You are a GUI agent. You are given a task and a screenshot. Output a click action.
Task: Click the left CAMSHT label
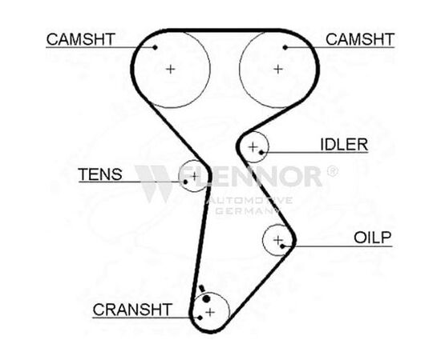(x=81, y=39)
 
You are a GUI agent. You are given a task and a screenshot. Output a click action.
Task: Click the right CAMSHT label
(x=360, y=39)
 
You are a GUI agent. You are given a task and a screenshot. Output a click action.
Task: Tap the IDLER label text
(x=344, y=145)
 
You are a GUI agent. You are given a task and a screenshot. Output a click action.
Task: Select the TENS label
(x=100, y=174)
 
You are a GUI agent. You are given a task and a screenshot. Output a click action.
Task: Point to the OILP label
(x=372, y=238)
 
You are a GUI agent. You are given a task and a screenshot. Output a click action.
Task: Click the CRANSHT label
(x=132, y=310)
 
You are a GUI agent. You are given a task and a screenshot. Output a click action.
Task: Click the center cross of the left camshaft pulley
(x=171, y=69)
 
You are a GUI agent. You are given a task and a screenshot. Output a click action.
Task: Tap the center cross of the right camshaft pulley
(x=278, y=69)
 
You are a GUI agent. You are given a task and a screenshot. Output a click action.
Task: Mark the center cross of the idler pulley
(x=253, y=146)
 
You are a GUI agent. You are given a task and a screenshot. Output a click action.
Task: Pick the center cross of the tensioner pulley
(x=194, y=176)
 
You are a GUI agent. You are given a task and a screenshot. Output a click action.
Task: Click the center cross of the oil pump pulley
(x=277, y=240)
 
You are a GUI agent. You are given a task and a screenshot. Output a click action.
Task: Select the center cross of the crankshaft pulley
(x=210, y=312)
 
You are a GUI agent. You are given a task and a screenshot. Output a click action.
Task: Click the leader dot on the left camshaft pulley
(x=155, y=47)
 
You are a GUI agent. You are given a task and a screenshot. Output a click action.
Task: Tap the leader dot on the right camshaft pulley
(x=285, y=47)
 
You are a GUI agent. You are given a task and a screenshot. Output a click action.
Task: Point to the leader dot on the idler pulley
(x=261, y=152)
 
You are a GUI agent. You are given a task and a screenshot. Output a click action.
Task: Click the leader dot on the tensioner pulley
(x=185, y=182)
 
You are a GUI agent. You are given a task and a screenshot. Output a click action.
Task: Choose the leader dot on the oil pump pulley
(x=283, y=246)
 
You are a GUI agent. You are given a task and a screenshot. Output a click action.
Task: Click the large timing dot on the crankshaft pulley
(x=206, y=299)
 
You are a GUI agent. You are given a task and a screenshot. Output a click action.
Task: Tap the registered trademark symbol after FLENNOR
(x=332, y=171)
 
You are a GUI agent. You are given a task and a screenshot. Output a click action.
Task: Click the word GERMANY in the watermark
(x=245, y=210)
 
